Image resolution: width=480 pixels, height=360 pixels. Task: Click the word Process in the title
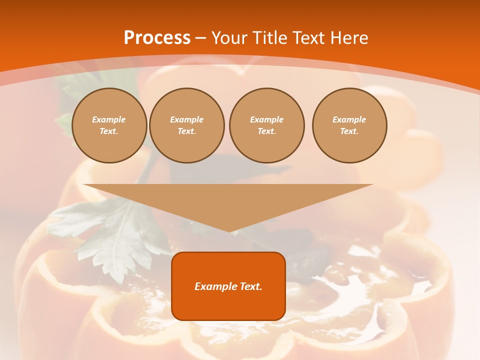coord(157,38)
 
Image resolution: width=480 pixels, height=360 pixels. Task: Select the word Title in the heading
coord(271,38)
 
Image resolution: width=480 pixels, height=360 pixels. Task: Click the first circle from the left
coord(109,125)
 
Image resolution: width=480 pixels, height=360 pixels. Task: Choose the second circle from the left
coord(187,125)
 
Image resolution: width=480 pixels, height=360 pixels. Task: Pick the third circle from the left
coord(267,125)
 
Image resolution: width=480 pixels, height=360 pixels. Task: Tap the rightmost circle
coord(349,125)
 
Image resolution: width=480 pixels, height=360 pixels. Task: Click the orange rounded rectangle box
coord(228,286)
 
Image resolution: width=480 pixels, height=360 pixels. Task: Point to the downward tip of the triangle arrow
coord(229,230)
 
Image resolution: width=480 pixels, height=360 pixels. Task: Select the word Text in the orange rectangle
coord(251,286)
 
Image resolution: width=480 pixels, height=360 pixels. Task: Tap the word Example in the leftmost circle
coord(109,120)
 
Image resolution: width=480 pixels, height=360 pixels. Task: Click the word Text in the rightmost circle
coord(349,131)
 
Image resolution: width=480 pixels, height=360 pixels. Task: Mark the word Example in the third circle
coord(267,120)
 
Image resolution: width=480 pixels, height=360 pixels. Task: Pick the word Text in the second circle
coord(186,131)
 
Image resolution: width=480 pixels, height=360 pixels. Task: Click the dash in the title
coord(200,38)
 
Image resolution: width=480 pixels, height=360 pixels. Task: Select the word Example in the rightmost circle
coord(349,120)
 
